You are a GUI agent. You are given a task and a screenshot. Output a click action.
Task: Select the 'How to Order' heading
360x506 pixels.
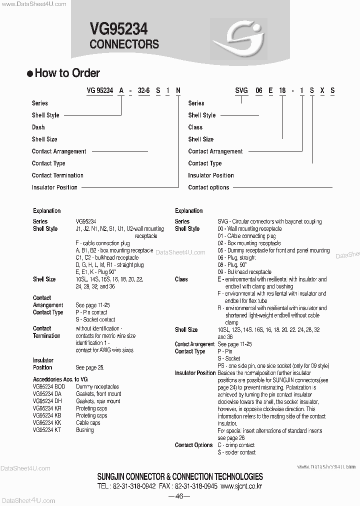tap(67, 73)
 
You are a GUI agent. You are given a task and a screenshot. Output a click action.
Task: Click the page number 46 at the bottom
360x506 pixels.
tap(179, 496)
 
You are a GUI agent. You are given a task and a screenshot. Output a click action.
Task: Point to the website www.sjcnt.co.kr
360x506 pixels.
tap(241, 486)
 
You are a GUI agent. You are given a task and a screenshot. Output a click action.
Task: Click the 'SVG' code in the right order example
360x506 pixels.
tap(242, 90)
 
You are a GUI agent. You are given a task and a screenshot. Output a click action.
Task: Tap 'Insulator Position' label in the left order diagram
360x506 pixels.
tap(54, 187)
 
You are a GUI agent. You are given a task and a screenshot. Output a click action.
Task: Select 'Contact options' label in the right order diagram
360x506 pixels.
tap(208, 187)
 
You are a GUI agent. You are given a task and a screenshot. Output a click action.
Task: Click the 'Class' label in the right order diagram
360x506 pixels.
tap(195, 127)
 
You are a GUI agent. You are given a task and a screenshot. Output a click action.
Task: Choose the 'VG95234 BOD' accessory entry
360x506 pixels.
tap(49, 387)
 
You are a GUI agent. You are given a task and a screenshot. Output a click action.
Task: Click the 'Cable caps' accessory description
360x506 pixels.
tap(88, 422)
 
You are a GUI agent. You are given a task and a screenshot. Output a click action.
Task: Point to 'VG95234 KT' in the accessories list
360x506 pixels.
tap(47, 430)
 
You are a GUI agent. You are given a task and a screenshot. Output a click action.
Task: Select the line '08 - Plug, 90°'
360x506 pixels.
tap(236, 265)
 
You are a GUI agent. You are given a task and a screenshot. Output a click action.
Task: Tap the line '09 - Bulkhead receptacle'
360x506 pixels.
tap(244, 272)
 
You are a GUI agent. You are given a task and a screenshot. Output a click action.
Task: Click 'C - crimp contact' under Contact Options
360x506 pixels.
tap(236, 445)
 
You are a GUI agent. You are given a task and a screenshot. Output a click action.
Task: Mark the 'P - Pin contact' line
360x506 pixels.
tap(91, 312)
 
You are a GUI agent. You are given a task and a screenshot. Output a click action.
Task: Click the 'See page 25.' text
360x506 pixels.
tap(90, 367)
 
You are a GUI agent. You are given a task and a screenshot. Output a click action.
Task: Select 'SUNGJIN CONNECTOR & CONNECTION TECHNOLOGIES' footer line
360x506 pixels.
tap(180, 477)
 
